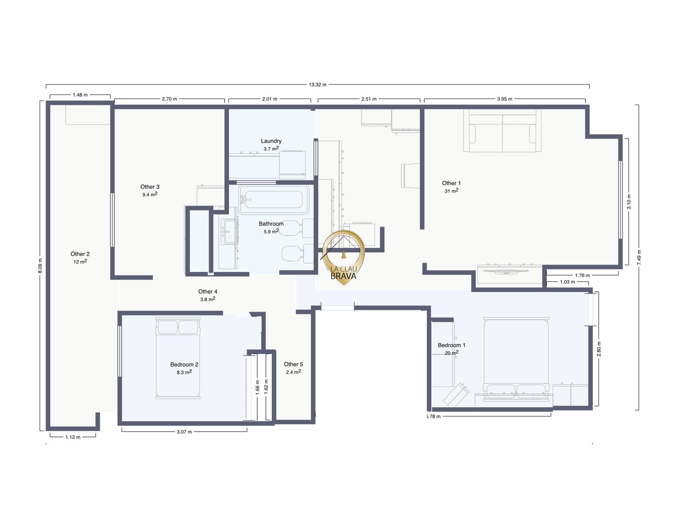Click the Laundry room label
(271, 141)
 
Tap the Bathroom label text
(271, 224)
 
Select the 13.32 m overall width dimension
(318, 85)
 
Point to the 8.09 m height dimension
(40, 266)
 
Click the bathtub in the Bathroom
(274, 200)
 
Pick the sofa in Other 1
(502, 131)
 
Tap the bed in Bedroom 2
(178, 358)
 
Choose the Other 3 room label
(150, 187)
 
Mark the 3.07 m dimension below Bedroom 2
(184, 432)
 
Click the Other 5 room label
(293, 364)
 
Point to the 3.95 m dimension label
(505, 99)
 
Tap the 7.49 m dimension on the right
(639, 257)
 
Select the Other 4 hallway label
(208, 292)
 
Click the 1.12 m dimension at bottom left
(73, 437)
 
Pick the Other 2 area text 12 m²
(80, 261)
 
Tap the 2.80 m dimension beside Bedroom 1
(599, 349)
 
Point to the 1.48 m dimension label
(80, 95)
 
